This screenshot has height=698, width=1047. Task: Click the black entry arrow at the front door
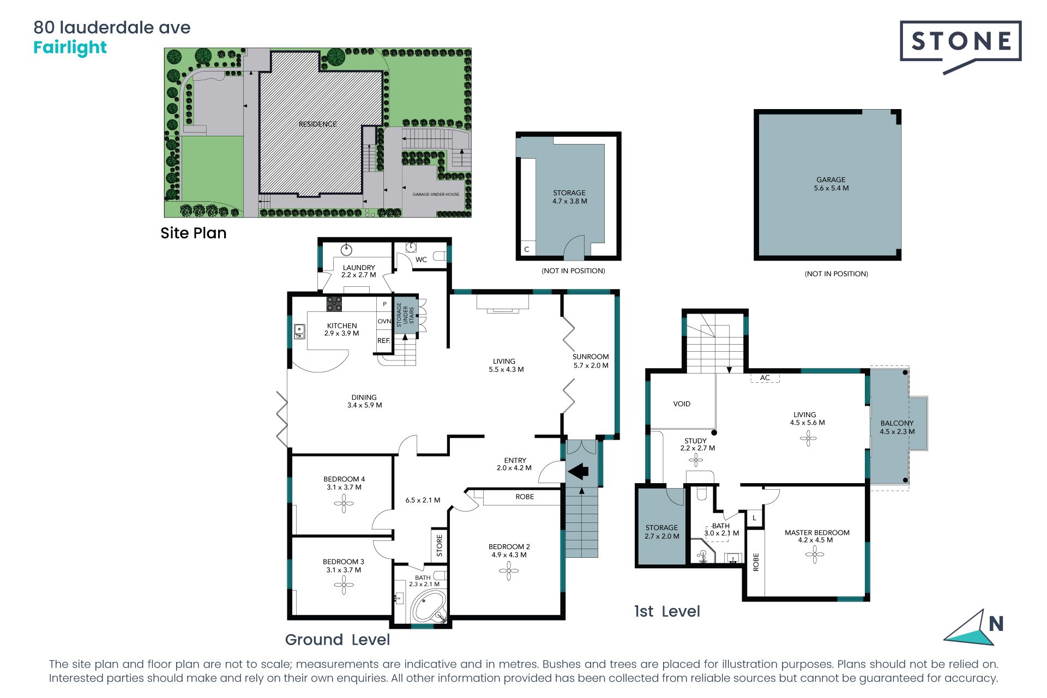(x=578, y=470)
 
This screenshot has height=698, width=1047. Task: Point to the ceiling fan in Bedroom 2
(x=509, y=571)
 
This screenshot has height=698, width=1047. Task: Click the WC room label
(x=421, y=260)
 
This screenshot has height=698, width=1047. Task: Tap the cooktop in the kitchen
(x=334, y=304)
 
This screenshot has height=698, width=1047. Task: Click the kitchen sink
(x=299, y=331)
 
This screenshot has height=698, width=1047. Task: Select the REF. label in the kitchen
(x=384, y=341)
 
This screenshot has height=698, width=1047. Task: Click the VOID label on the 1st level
(x=682, y=404)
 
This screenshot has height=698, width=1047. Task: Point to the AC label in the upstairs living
(x=765, y=378)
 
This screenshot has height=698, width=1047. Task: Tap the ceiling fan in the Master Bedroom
(x=815, y=555)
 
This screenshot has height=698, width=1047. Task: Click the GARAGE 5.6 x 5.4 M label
(x=831, y=184)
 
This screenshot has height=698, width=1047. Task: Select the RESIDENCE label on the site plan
(x=317, y=124)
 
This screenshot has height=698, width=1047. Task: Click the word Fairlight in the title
(x=70, y=48)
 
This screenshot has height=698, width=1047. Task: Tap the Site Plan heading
(x=193, y=233)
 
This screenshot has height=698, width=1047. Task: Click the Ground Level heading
(x=338, y=640)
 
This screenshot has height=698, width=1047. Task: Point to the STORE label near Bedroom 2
(x=440, y=546)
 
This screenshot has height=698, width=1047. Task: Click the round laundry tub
(x=346, y=250)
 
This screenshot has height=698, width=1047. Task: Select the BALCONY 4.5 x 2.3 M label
(x=897, y=428)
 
